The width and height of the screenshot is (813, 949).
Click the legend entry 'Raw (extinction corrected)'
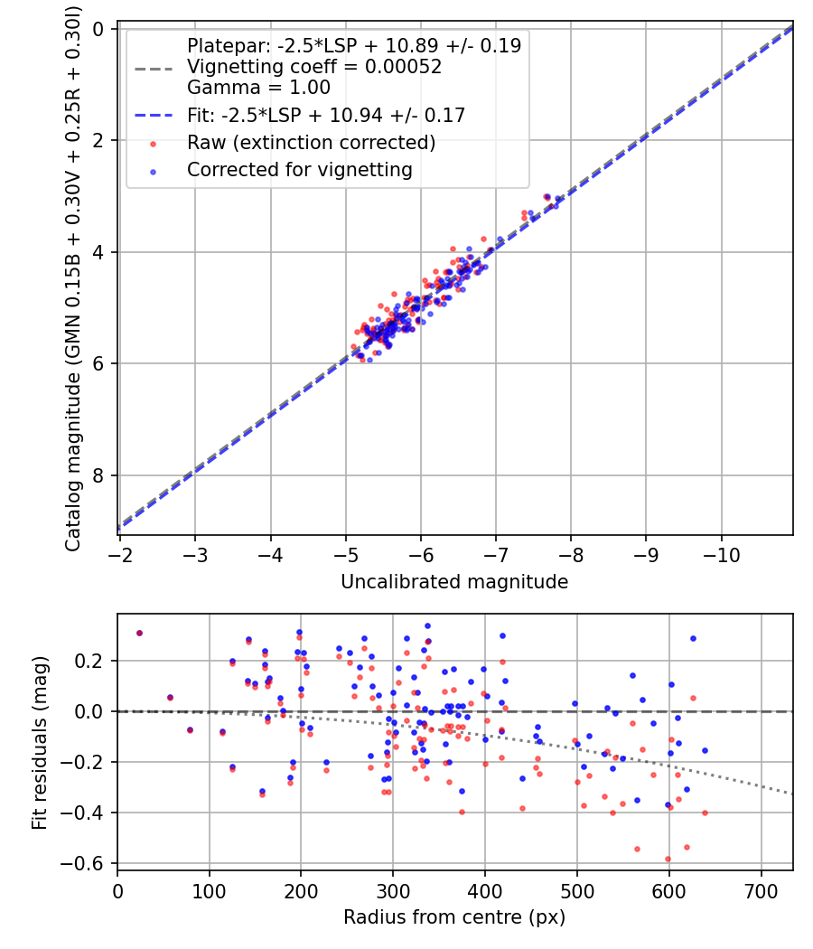(311, 143)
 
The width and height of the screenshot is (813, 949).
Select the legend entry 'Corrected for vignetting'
(299, 169)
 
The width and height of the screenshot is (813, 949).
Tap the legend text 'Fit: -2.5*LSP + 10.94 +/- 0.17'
(325, 115)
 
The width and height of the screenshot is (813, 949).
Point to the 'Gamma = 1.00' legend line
(258, 88)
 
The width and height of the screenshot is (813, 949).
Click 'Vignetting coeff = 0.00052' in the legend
(314, 67)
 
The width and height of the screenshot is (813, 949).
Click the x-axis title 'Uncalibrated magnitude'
(454, 582)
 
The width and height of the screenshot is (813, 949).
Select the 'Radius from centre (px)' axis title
(454, 917)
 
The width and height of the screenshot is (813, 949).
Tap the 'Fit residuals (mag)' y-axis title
(39, 743)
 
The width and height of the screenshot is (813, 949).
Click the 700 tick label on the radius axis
(761, 892)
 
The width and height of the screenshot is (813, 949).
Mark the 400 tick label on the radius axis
(485, 892)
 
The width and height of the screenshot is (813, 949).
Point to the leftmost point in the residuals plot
(139, 633)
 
